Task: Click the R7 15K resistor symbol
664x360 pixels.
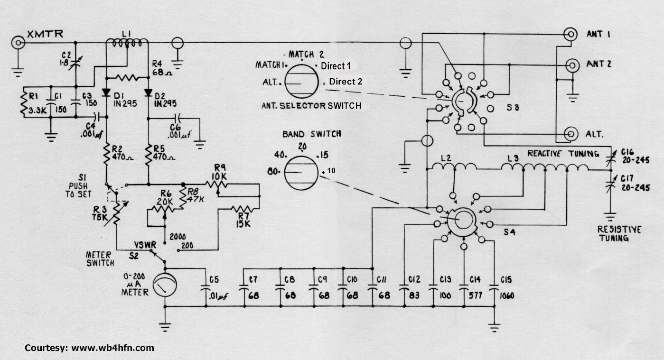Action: (243, 209)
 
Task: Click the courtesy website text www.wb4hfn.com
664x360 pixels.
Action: (112, 348)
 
